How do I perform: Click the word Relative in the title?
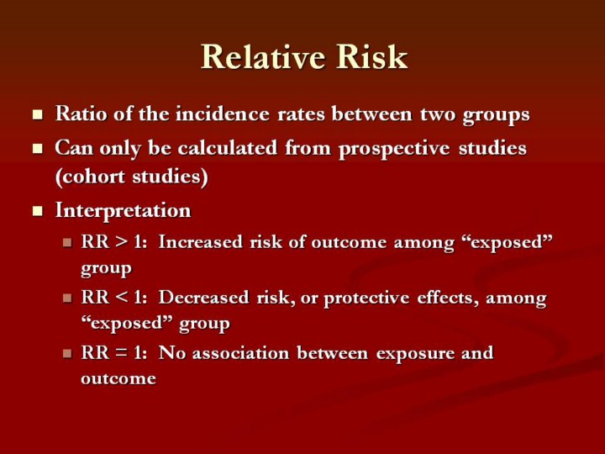[263, 57]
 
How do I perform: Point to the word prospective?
[394, 150]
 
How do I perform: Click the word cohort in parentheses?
[92, 177]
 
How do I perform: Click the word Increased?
[201, 242]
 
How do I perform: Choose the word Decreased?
[203, 298]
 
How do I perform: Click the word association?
[240, 353]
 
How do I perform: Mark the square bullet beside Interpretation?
[38, 211]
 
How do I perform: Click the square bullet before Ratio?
[38, 114]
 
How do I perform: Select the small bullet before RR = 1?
[67, 353]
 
